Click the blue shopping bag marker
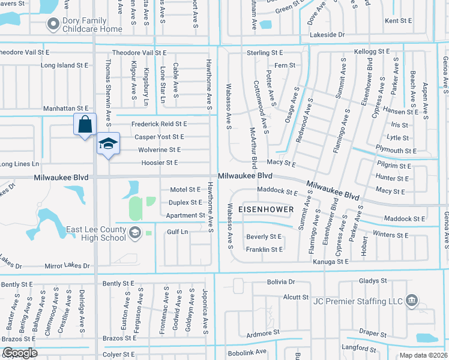tap(85, 124)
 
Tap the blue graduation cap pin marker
tap(108, 144)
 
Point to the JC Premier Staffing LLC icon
tap(412, 300)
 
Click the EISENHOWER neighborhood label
tap(266, 209)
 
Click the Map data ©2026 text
tap(423, 355)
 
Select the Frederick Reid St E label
tap(160, 124)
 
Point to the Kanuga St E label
tap(330, 262)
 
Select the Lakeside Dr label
tap(327, 35)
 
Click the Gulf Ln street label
tap(178, 232)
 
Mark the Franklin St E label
tap(264, 249)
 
